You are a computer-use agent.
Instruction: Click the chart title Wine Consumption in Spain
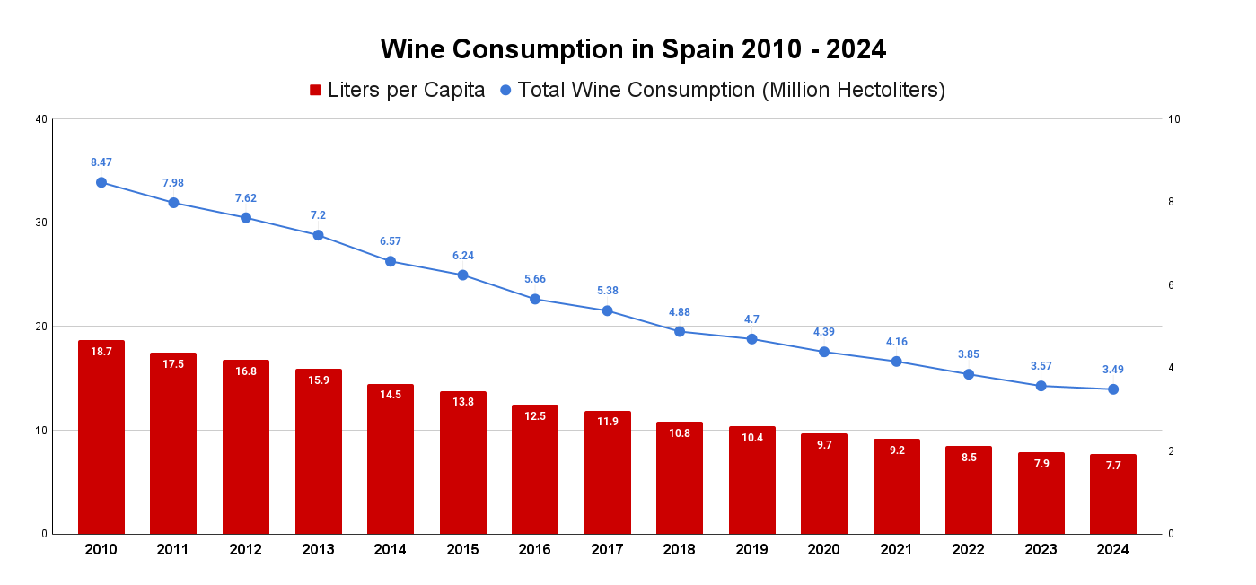[x=633, y=49]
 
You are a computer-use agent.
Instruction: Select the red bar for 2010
[x=101, y=440]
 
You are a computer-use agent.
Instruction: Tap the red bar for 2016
[x=535, y=471]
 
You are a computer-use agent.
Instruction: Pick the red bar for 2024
[x=1113, y=495]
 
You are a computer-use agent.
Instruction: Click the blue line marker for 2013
[x=318, y=235]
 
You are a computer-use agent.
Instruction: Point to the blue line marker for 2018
[x=680, y=331]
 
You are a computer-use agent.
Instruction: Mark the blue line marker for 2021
[x=896, y=362]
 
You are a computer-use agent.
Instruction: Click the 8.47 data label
[x=101, y=162]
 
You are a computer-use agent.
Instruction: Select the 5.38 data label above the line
[x=607, y=291]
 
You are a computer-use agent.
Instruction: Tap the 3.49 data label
[x=1113, y=369]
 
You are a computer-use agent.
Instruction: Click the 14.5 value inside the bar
[x=391, y=395]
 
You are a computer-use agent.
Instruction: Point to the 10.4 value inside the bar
[x=752, y=437]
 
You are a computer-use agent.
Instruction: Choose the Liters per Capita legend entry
[x=397, y=90]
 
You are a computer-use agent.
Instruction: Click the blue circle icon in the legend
[x=506, y=90]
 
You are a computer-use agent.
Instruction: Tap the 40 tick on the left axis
[x=40, y=119]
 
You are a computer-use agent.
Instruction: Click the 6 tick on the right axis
[x=1171, y=285]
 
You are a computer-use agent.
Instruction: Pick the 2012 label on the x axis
[x=245, y=550]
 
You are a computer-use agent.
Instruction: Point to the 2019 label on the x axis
[x=752, y=550]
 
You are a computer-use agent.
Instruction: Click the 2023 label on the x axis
[x=1041, y=550]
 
